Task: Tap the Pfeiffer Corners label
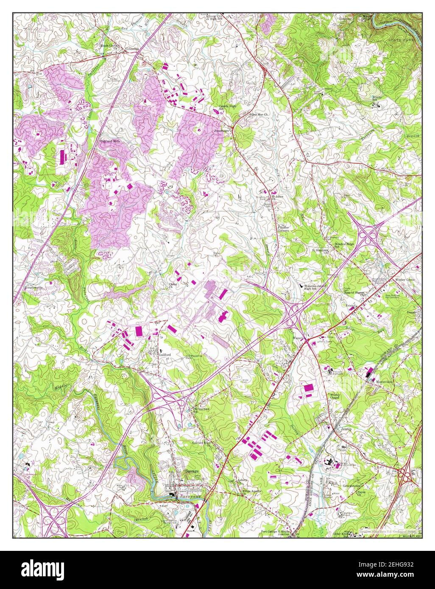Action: (x=283, y=229)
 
